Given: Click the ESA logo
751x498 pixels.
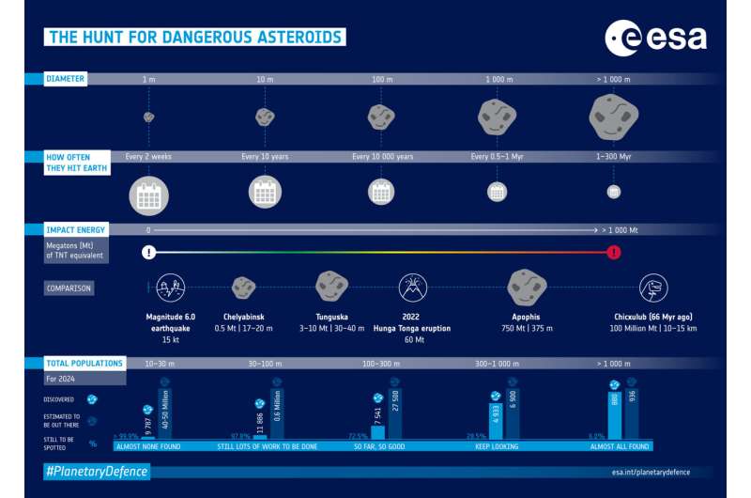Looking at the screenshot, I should (656, 39).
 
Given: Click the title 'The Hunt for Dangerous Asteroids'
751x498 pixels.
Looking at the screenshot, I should (194, 38).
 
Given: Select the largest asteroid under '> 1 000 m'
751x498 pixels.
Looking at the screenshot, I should (613, 117).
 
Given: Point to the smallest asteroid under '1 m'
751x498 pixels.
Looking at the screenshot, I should (148, 117).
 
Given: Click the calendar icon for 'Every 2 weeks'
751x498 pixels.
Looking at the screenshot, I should (148, 194).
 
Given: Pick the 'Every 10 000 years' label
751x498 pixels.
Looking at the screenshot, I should (382, 156).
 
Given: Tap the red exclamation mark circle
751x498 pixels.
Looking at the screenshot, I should (614, 252).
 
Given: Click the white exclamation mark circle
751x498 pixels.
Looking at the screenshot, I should (148, 252).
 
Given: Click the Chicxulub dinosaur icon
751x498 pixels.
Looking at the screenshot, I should (652, 287).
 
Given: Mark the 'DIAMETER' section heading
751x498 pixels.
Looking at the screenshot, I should (66, 79).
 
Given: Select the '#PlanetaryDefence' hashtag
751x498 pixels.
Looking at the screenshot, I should (97, 470).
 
